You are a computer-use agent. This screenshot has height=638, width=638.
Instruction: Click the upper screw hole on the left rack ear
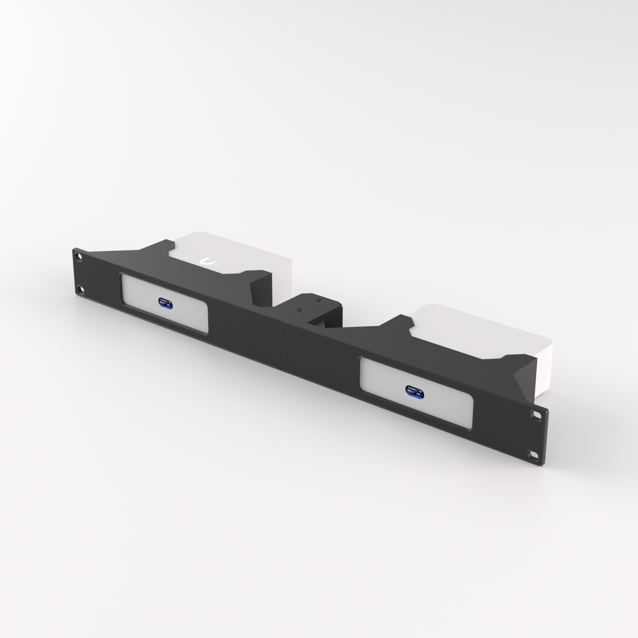click(x=79, y=256)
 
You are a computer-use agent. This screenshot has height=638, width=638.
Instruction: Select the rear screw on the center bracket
click(x=317, y=301)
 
